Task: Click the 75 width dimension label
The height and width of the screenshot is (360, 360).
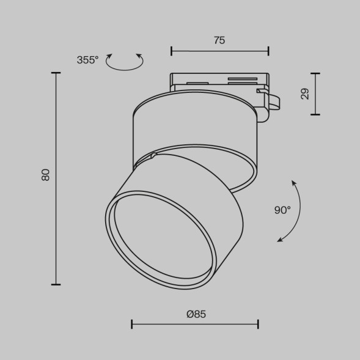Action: click(219, 40)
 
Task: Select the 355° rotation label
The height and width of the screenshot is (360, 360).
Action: click(87, 60)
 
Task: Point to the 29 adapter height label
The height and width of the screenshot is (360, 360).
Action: click(305, 94)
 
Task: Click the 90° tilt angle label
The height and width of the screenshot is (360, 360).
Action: click(282, 210)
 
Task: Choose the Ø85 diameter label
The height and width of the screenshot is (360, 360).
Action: click(196, 314)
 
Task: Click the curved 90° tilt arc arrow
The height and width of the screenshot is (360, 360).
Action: click(296, 211)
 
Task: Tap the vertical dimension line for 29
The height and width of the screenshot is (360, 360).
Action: click(315, 94)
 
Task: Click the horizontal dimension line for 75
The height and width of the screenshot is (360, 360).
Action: click(219, 51)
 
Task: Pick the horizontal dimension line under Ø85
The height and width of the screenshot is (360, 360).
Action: click(195, 324)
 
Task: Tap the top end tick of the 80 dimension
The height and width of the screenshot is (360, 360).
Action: click(56, 73)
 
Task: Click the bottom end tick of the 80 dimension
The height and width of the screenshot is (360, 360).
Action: click(56, 284)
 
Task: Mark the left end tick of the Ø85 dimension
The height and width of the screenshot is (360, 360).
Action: click(132, 324)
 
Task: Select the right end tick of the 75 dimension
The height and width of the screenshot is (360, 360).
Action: click(268, 51)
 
